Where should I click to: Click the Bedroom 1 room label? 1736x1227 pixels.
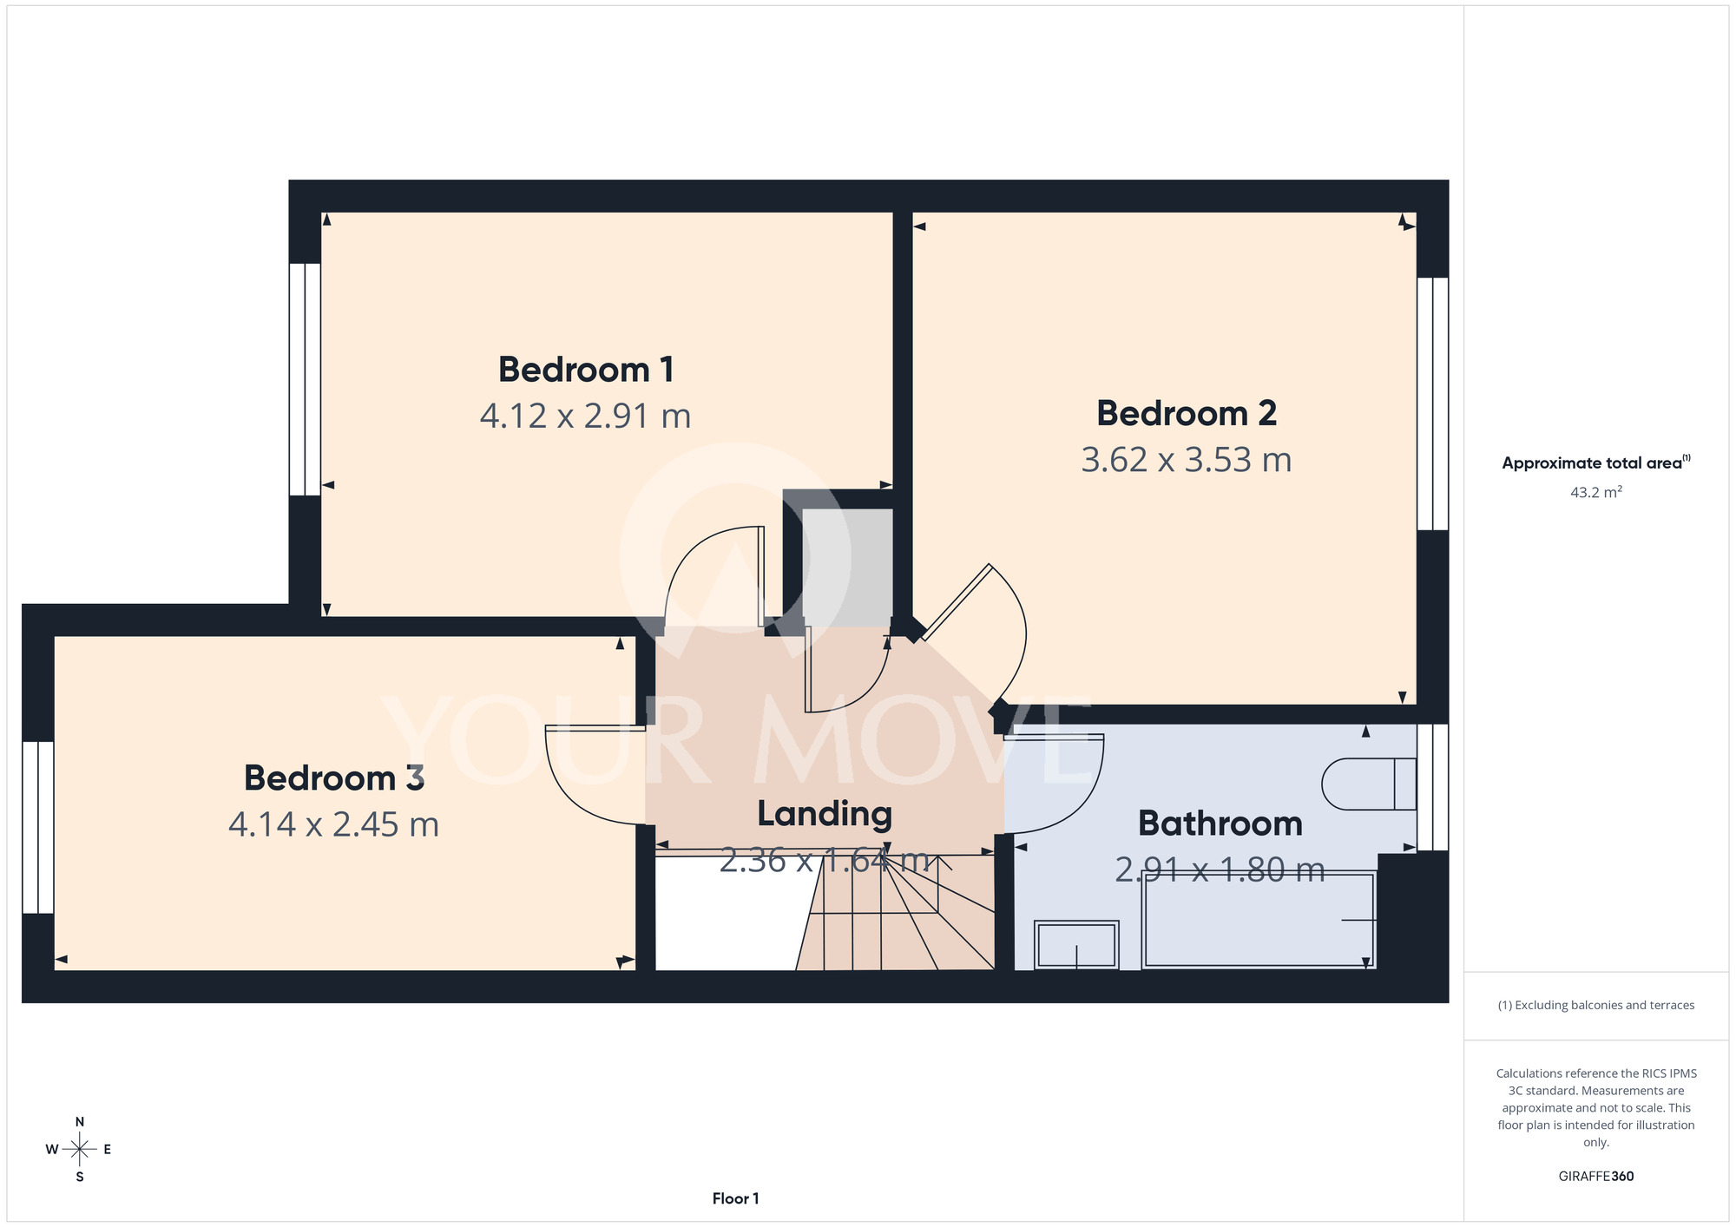[x=586, y=370]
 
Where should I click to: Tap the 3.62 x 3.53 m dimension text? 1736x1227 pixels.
[x=1187, y=460]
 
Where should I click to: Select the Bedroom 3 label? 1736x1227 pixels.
[x=334, y=778]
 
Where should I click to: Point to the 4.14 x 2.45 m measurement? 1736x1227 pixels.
[x=334, y=824]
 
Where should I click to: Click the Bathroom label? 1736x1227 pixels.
[x=1220, y=823]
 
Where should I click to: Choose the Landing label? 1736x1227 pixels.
[x=825, y=814]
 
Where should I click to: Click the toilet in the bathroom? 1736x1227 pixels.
[x=1370, y=784]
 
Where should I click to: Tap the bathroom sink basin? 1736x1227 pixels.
[x=1076, y=945]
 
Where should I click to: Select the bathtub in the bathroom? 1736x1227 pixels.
[x=1259, y=921]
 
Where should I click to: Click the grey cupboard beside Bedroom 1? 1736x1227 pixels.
[x=847, y=568]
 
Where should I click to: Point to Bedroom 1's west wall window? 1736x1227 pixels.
[x=305, y=379]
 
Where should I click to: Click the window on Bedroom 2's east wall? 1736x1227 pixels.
[x=1433, y=404]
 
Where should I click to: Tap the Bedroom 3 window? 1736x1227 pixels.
[x=38, y=827]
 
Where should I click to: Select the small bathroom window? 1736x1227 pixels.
[x=1433, y=787]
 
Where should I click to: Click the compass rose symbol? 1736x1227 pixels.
[x=79, y=1150]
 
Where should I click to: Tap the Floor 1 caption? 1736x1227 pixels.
[x=736, y=1198]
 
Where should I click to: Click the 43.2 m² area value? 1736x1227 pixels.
[x=1596, y=492]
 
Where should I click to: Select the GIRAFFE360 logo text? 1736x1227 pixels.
[x=1596, y=1177]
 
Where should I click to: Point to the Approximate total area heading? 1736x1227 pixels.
[x=1596, y=463]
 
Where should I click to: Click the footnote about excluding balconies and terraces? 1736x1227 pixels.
[x=1596, y=1005]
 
